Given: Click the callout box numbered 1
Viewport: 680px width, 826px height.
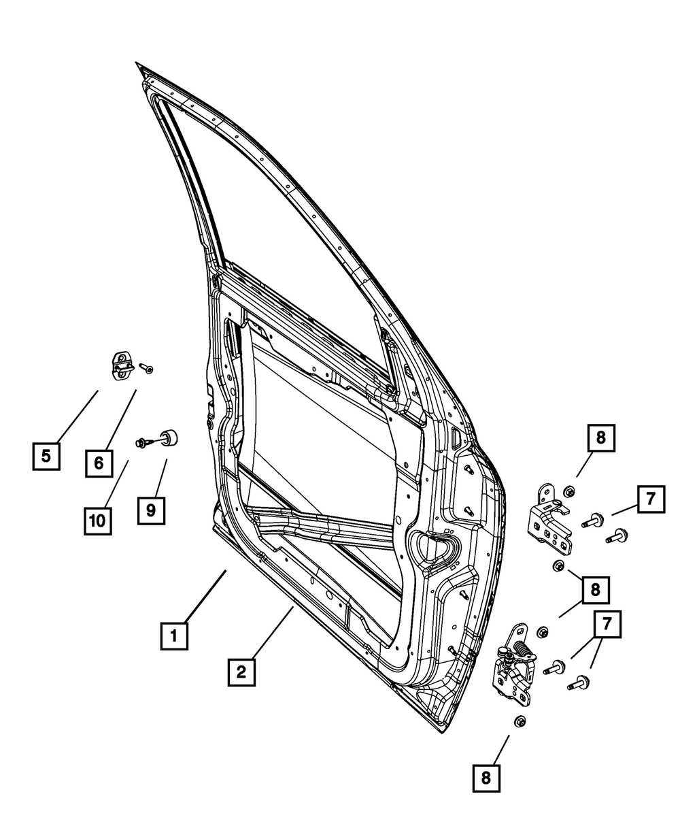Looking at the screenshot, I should pyautogui.click(x=174, y=636).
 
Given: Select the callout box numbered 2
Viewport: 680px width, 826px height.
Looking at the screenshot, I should pyautogui.click(x=241, y=672).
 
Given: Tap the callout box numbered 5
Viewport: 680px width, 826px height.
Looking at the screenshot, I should pyautogui.click(x=46, y=456).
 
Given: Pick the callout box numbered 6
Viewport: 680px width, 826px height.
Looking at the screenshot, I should pyautogui.click(x=99, y=463).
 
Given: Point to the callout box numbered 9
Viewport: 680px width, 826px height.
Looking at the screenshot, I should pyautogui.click(x=151, y=509).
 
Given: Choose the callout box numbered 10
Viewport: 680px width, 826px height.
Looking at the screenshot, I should pyautogui.click(x=98, y=521).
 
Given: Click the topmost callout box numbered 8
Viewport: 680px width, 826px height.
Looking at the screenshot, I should pyautogui.click(x=600, y=439).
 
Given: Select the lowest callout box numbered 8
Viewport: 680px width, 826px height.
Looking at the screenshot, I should pyautogui.click(x=486, y=778).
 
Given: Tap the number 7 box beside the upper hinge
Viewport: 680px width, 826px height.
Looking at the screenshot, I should pyautogui.click(x=650, y=499).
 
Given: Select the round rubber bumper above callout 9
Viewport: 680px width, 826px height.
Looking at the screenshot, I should pyautogui.click(x=168, y=437).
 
